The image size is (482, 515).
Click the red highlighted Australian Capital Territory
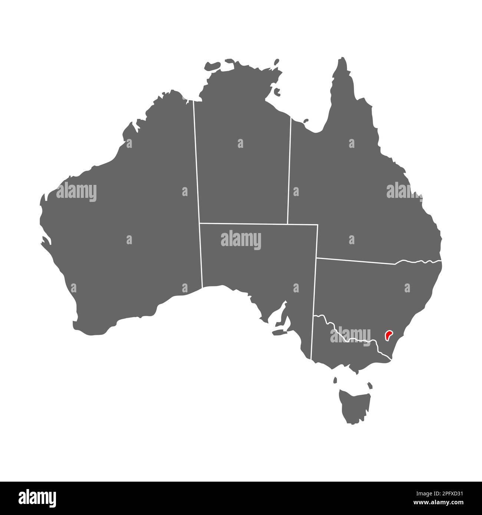[x=389, y=335]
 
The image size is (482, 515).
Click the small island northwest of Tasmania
[x=335, y=380]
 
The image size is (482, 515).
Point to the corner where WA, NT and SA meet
[x=199, y=223]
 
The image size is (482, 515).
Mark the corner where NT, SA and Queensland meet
[x=287, y=224]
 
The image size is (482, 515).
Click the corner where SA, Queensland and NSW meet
[x=317, y=257]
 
